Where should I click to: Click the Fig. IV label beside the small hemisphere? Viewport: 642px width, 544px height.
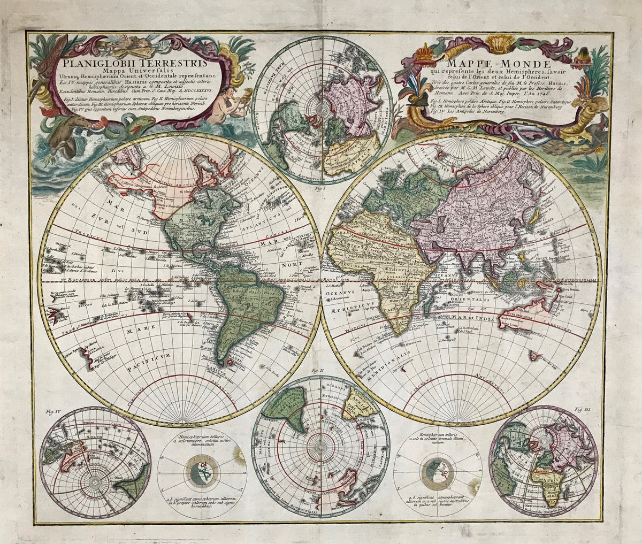49,412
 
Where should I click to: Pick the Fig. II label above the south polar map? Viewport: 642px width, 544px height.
318,371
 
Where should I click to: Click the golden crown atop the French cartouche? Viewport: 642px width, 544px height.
425,52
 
